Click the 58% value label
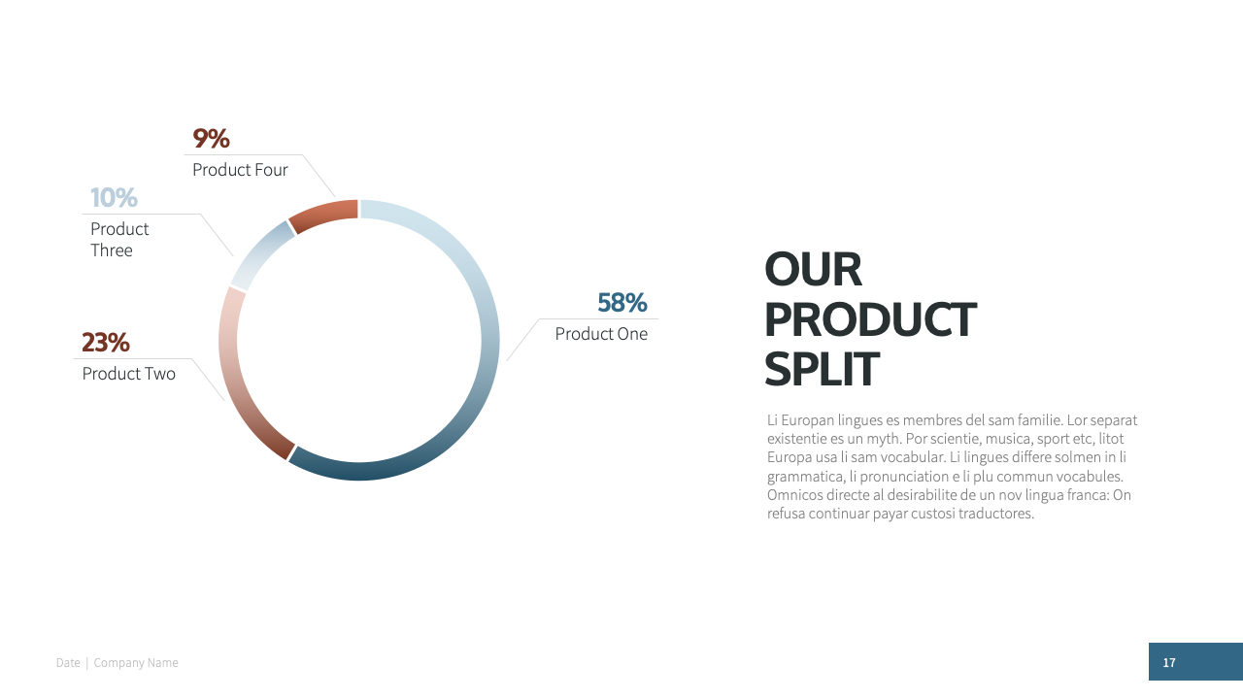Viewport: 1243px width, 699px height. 622,303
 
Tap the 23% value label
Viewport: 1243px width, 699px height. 106,343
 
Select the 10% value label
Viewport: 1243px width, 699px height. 114,197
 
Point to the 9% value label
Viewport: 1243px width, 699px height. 211,139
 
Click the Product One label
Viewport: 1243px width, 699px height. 601,334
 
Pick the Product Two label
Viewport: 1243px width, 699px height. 129,374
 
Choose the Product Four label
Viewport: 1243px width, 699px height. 240,170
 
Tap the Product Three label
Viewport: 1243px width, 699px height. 119,240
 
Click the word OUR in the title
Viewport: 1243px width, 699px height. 813,270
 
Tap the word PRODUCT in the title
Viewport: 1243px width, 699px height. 870,319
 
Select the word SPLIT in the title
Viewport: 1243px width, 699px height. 822,369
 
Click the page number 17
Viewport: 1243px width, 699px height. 1169,662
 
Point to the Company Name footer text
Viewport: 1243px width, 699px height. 136,663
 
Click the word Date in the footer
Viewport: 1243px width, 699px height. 68,663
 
